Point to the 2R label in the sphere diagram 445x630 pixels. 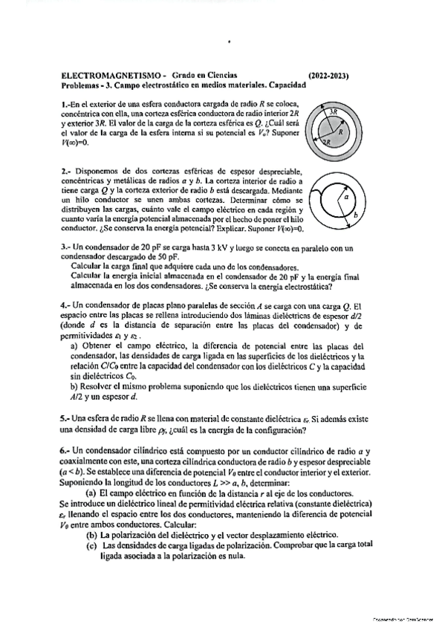click(325, 143)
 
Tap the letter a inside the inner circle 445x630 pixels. click(345, 198)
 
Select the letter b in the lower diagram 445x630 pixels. click(356, 215)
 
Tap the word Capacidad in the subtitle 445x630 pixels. click(286, 85)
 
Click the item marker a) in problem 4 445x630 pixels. click(74, 345)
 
